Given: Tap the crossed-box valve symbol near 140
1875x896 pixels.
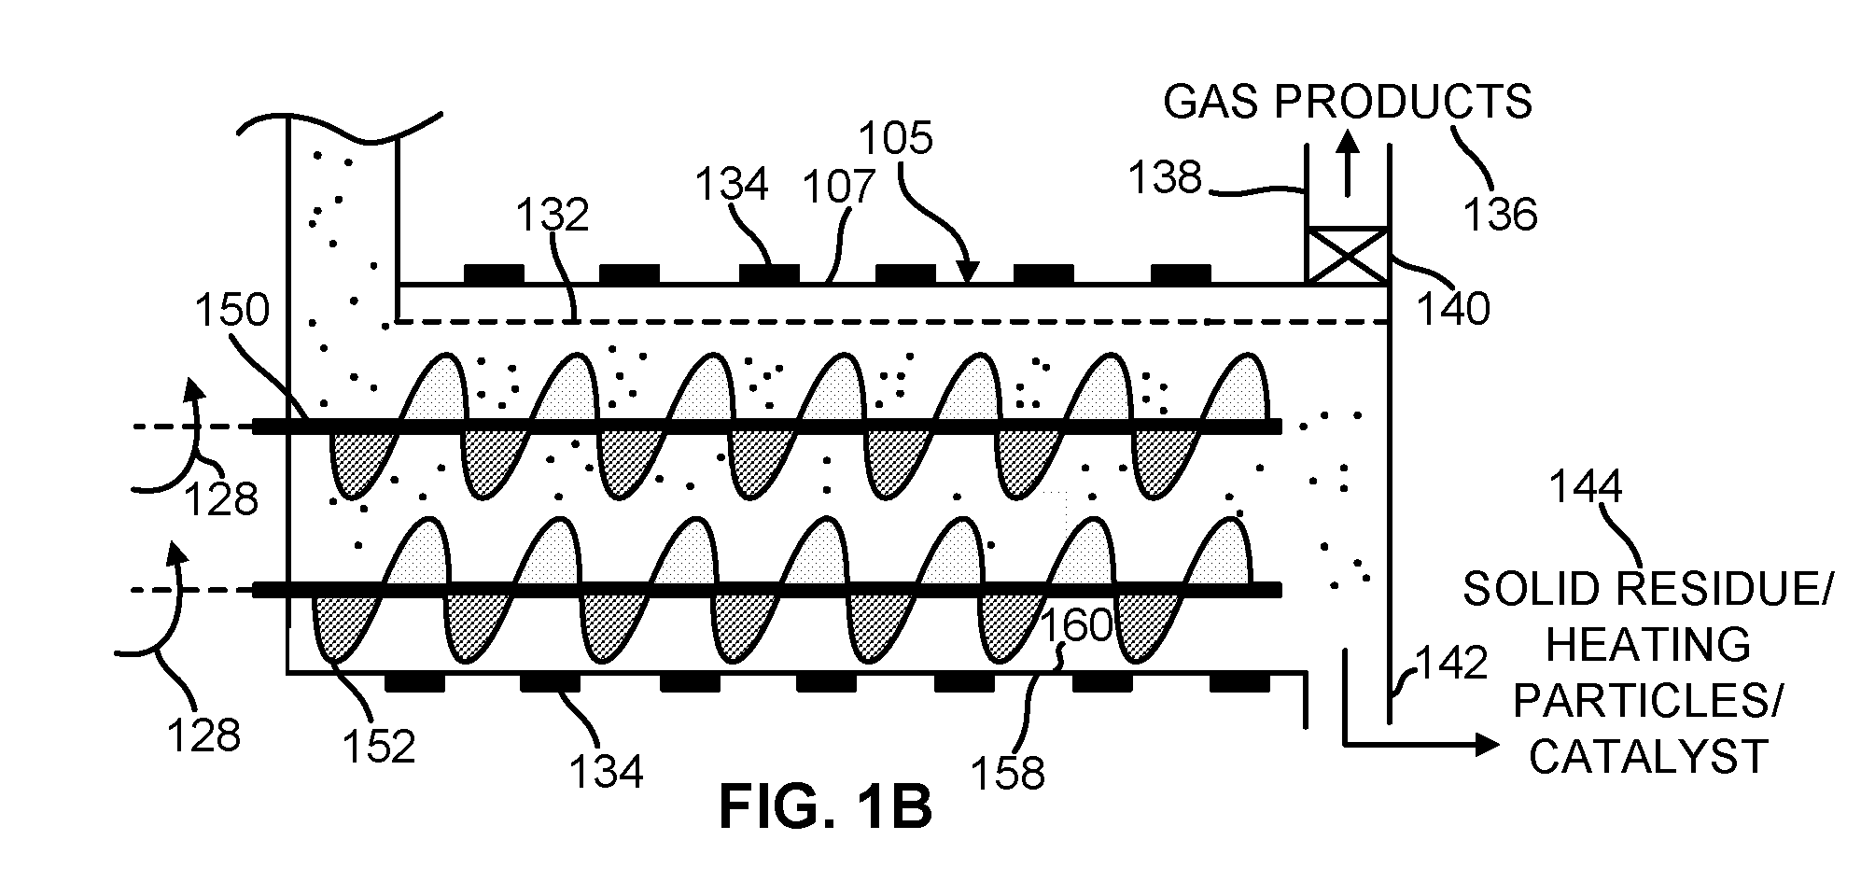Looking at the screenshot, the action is click(x=1347, y=255).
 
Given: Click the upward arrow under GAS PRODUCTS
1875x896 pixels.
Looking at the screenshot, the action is click(x=1347, y=162).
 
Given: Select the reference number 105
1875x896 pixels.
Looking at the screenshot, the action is click(x=895, y=139).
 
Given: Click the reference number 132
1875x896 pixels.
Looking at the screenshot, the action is click(x=553, y=215).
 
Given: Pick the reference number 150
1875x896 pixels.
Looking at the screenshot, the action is click(x=231, y=310).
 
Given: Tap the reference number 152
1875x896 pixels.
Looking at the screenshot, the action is click(x=377, y=747).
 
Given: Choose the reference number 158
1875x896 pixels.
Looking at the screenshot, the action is click(x=1007, y=773).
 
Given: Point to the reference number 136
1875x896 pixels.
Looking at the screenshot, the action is click(x=1499, y=216).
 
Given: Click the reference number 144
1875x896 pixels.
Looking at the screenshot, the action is click(x=1586, y=487).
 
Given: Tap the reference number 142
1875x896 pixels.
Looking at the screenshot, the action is click(x=1450, y=664).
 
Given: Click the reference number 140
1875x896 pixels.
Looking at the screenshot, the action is click(x=1453, y=308).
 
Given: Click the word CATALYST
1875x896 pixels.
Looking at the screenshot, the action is click(x=1648, y=756).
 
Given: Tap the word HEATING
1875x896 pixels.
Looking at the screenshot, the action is click(x=1648, y=644).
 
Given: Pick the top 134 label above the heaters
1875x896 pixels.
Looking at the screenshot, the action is click(x=732, y=184).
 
